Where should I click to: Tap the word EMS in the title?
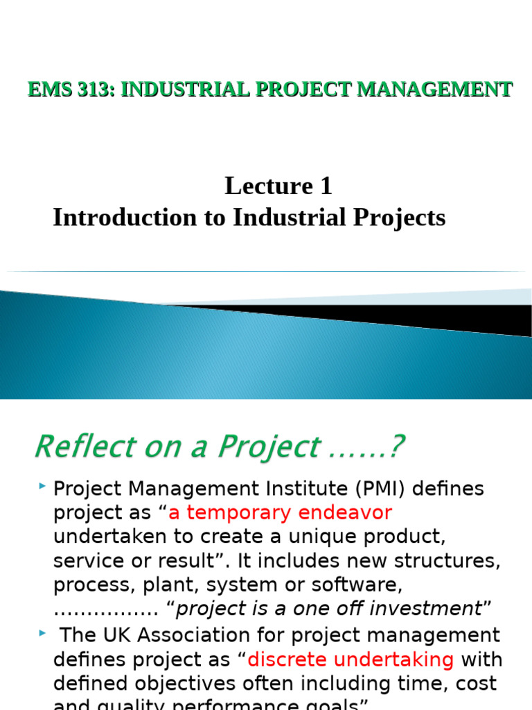(49, 89)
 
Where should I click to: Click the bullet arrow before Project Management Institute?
(43, 488)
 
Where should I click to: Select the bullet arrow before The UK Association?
(43, 634)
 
